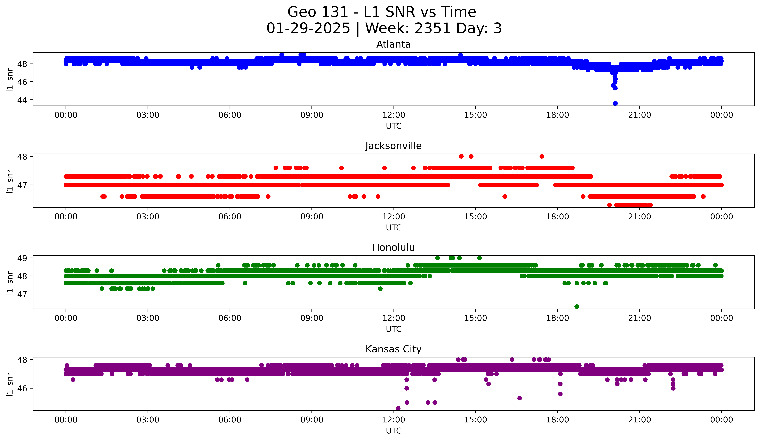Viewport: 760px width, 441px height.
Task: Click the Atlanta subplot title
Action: point(393,44)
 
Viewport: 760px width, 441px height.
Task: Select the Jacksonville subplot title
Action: point(393,146)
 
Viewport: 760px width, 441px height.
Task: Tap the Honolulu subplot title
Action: point(393,247)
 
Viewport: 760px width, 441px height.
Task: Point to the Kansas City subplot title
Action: point(393,349)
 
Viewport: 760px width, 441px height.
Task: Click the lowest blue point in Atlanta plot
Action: point(615,103)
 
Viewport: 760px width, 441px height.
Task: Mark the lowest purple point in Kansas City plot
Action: point(398,408)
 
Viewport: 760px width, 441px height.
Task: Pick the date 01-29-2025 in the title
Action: point(308,28)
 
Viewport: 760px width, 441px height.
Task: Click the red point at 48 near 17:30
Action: point(542,156)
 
